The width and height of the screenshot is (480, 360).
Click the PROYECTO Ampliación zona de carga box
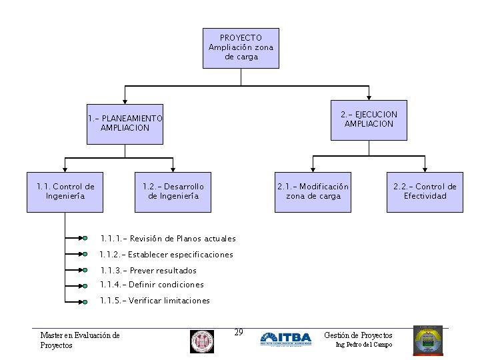(x=241, y=48)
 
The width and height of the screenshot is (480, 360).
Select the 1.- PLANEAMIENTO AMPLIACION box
(x=125, y=124)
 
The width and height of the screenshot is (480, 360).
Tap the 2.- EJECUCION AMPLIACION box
(x=369, y=120)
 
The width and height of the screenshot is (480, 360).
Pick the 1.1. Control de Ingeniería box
(x=65, y=192)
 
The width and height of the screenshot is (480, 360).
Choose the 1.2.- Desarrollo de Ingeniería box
(x=173, y=192)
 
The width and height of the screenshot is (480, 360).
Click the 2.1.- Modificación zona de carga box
(x=313, y=192)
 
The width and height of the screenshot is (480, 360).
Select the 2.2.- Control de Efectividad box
(x=425, y=192)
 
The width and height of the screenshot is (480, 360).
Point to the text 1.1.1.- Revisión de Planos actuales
(x=168, y=239)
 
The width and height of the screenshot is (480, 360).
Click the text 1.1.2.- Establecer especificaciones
(x=166, y=255)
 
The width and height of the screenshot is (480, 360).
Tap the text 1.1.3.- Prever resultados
(x=148, y=271)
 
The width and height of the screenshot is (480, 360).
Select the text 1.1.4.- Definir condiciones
(x=152, y=285)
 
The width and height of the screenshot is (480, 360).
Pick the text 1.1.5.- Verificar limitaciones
(x=155, y=301)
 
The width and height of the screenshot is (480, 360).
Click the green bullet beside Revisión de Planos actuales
(x=85, y=238)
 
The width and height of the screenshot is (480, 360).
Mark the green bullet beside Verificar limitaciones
(x=85, y=302)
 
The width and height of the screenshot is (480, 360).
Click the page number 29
(x=239, y=332)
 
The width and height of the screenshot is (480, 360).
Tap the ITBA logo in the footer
(x=285, y=339)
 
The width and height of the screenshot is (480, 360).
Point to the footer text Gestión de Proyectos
(x=358, y=335)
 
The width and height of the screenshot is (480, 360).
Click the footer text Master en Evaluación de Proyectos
(x=80, y=340)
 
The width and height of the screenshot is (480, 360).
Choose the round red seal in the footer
(x=202, y=341)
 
